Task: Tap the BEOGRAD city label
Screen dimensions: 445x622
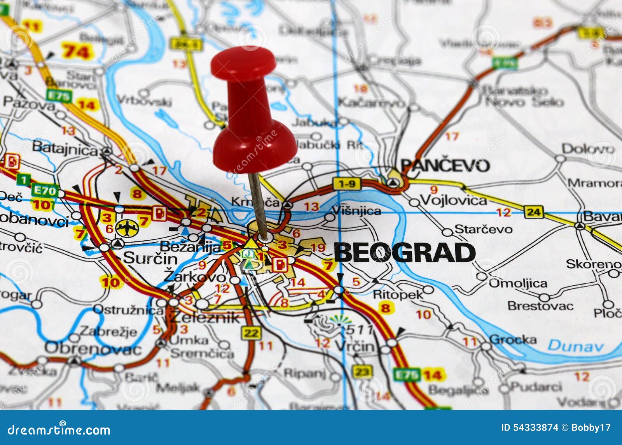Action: pos(404,253)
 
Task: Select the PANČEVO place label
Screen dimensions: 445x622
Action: pos(445,165)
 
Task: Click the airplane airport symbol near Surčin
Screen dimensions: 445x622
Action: pos(127,228)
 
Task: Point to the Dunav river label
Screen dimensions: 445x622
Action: pos(575,345)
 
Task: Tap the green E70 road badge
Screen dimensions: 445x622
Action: pos(45,190)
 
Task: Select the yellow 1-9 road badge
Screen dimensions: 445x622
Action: pos(347,184)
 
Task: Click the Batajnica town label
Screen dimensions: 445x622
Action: pos(65,148)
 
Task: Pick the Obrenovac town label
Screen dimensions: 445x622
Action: pos(93,348)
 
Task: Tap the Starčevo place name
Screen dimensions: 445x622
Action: pos(483,229)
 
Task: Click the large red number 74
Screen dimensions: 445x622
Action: pos(77,51)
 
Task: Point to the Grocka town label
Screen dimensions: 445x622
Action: pos(513,339)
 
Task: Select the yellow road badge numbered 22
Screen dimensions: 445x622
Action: pos(252,333)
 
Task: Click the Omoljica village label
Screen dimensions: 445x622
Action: pos(517,283)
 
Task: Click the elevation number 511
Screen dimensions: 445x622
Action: pos(360,329)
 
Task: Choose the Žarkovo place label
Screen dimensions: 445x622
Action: pos(194,277)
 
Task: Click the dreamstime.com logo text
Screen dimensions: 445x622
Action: pos(58,430)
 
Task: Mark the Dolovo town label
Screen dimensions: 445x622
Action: pos(587,149)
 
